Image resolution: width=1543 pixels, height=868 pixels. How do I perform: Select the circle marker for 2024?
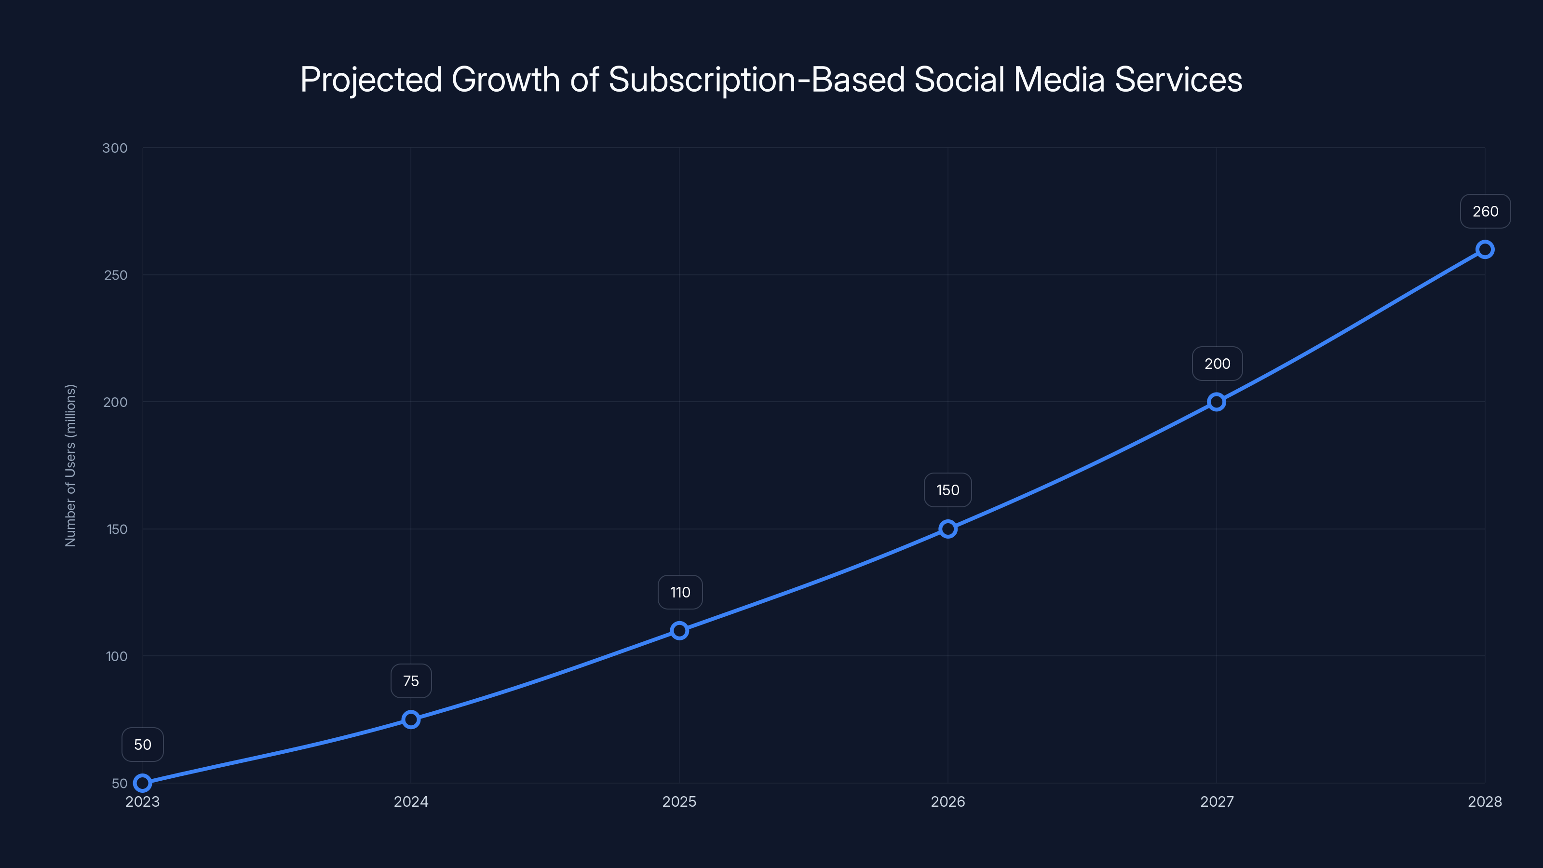(411, 719)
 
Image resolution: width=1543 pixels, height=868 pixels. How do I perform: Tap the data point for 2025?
(679, 630)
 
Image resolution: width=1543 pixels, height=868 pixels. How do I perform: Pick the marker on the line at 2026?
(947, 529)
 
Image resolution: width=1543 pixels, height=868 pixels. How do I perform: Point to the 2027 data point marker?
(1216, 401)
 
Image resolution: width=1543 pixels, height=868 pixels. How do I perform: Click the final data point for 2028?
(1484, 249)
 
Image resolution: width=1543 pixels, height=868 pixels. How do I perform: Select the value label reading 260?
(1485, 212)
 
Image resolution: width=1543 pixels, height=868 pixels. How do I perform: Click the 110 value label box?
(680, 592)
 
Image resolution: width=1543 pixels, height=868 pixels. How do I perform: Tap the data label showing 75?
(411, 680)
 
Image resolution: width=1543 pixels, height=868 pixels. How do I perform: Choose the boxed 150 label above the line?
(947, 490)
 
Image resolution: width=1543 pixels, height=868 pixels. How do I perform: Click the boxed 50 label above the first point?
(143, 744)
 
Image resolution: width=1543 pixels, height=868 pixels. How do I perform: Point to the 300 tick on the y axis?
(115, 148)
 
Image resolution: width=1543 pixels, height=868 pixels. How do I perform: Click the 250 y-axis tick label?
(116, 275)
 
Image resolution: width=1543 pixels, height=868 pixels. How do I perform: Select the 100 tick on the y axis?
(116, 656)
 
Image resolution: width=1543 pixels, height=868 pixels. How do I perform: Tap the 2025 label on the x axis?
(679, 801)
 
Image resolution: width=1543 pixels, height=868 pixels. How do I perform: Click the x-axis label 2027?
(1217, 801)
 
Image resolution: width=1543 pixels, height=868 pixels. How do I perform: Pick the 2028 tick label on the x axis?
(1484, 801)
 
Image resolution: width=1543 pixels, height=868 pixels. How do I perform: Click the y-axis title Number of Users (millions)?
(71, 465)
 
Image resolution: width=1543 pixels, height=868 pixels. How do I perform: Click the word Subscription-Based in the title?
(757, 80)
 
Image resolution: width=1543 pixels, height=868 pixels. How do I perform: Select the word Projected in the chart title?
(371, 80)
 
